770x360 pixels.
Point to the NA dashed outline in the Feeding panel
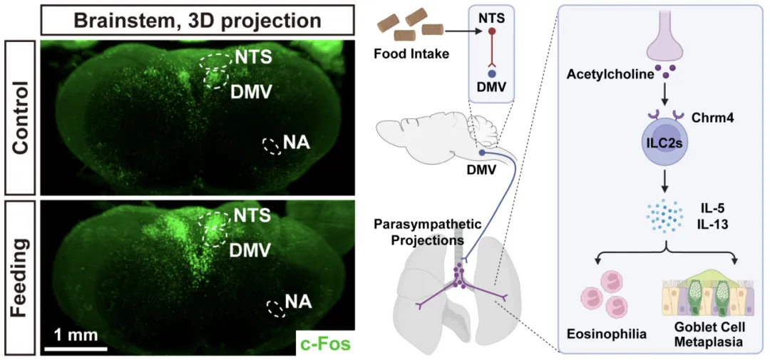click(x=274, y=309)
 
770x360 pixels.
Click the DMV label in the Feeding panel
click(x=250, y=250)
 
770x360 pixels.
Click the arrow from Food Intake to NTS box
click(x=450, y=31)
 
